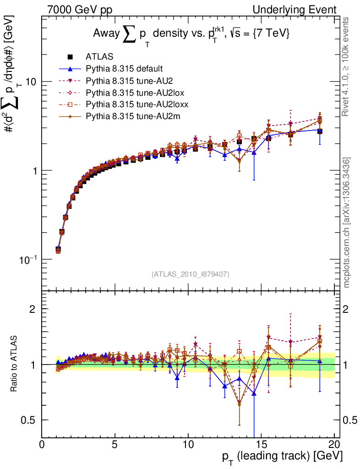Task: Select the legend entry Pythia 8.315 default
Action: [x=124, y=69]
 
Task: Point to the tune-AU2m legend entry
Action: [x=128, y=116]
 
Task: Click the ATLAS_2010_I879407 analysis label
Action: [x=190, y=274]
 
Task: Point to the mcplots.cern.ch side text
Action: [x=347, y=223]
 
